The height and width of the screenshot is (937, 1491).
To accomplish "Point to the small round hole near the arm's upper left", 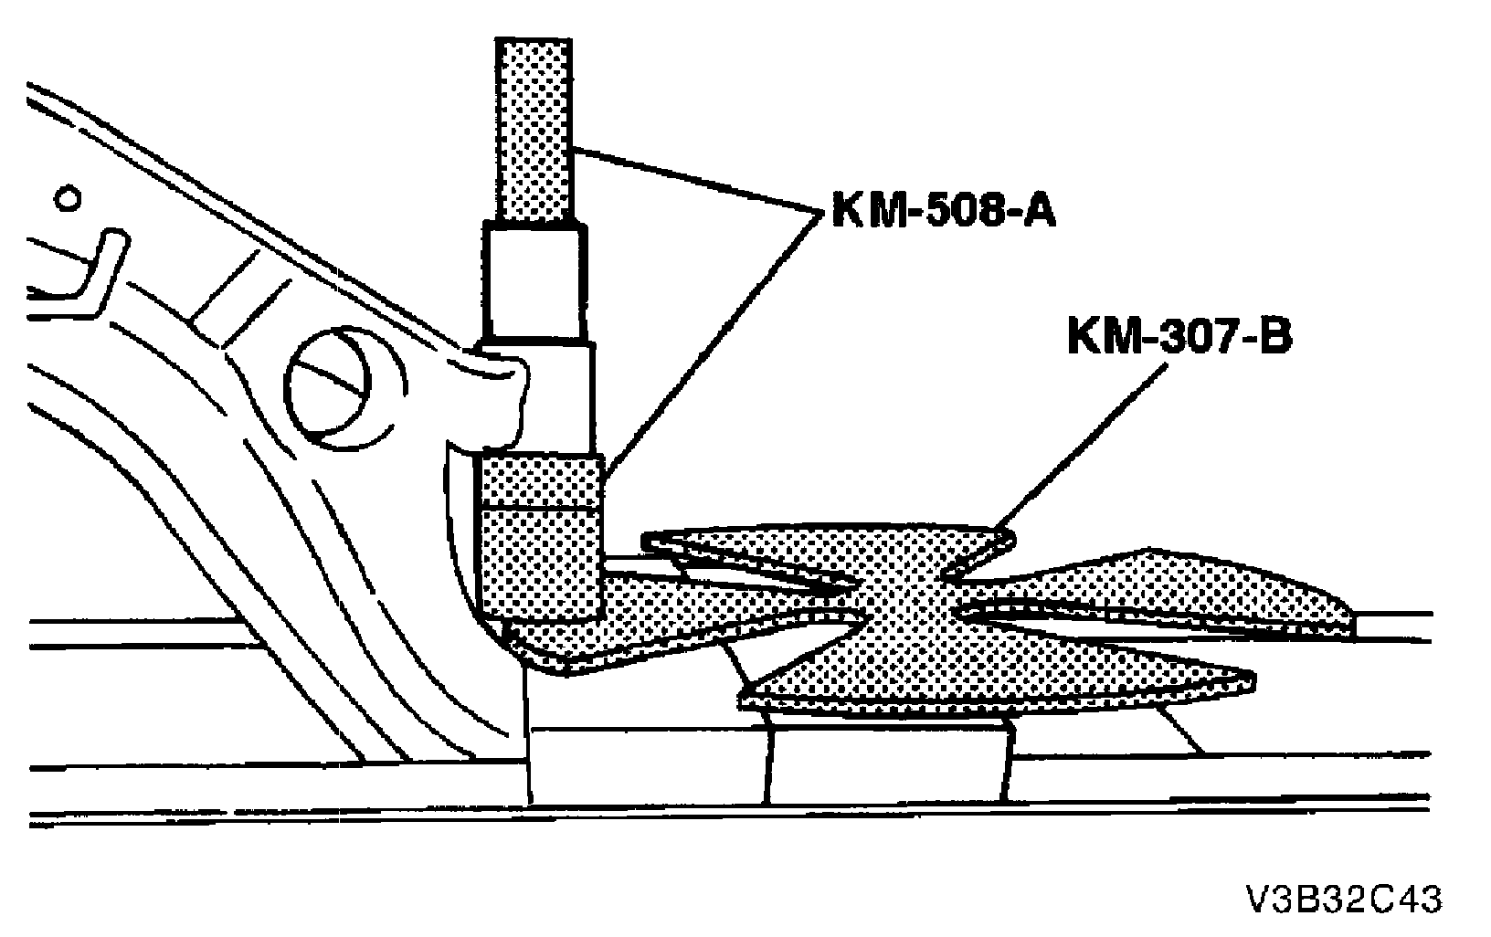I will [68, 198].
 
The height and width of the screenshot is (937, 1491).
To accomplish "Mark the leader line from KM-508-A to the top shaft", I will [694, 182].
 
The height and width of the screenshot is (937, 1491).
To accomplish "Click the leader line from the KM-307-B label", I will [1087, 447].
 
